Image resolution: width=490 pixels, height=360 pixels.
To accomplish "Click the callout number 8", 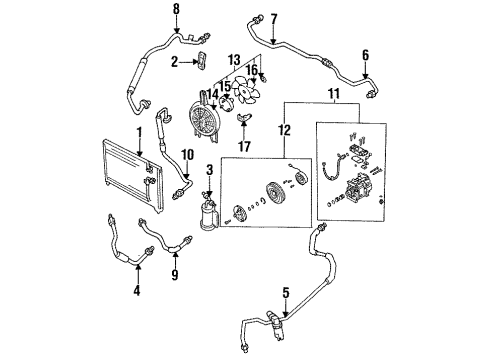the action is tap(176, 9).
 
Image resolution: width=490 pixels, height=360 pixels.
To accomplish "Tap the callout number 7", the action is tap(274, 20).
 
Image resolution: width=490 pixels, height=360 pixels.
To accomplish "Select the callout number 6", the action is tap(366, 55).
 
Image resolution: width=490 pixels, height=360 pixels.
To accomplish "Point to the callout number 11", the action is tap(334, 94).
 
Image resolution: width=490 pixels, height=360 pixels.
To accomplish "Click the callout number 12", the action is tap(285, 130).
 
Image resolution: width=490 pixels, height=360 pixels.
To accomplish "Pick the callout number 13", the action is tap(235, 60).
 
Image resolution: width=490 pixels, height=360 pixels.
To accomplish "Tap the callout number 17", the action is tap(244, 146).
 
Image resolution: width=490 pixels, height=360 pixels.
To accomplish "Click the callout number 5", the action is tap(286, 293).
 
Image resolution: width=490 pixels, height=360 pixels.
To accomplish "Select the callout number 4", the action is tap(137, 291).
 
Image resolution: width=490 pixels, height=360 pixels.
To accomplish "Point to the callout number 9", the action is tap(175, 274).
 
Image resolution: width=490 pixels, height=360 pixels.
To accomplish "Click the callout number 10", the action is tap(188, 155).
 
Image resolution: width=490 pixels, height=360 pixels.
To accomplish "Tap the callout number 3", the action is tap(209, 170).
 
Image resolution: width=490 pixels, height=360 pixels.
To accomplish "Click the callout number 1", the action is tap(139, 133).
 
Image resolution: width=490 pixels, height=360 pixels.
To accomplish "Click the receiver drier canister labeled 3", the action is tap(207, 214).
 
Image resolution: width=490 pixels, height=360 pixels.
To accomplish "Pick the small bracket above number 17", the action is tap(244, 117).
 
